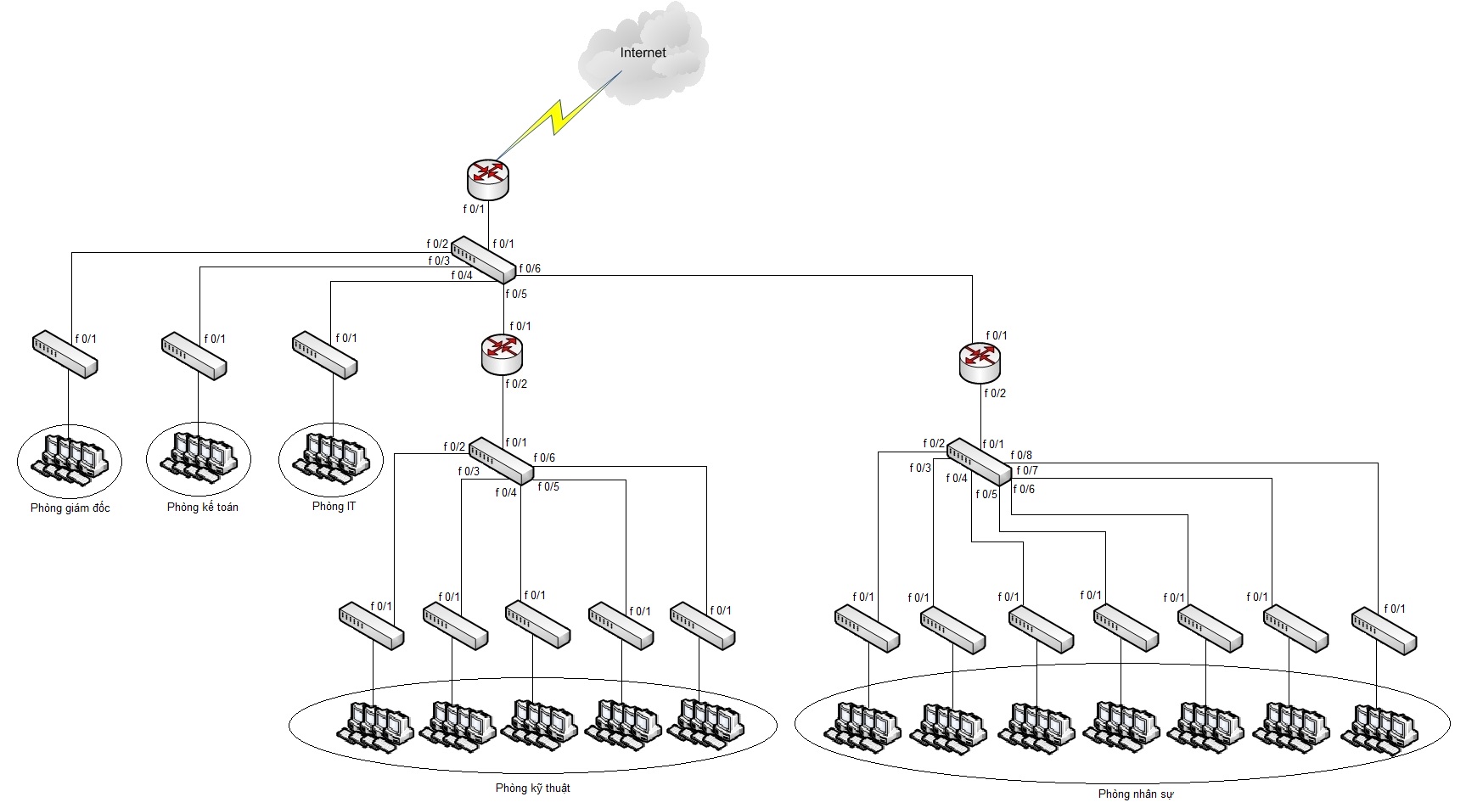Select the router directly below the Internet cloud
(x=487, y=178)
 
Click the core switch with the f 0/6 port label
(x=483, y=260)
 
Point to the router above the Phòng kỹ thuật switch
(x=502, y=354)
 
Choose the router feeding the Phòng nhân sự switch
(x=980, y=363)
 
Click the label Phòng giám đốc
(x=70, y=508)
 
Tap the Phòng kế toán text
(x=202, y=508)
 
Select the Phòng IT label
(x=334, y=507)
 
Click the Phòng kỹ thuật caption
(x=532, y=788)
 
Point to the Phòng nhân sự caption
(x=1135, y=794)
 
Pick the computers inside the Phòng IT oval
(x=331, y=456)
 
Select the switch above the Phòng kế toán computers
(x=194, y=355)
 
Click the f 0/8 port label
(x=1021, y=456)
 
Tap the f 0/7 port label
(x=1027, y=470)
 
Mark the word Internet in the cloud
(x=643, y=53)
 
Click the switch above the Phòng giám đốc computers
(x=65, y=355)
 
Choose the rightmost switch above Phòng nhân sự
(x=1384, y=630)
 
